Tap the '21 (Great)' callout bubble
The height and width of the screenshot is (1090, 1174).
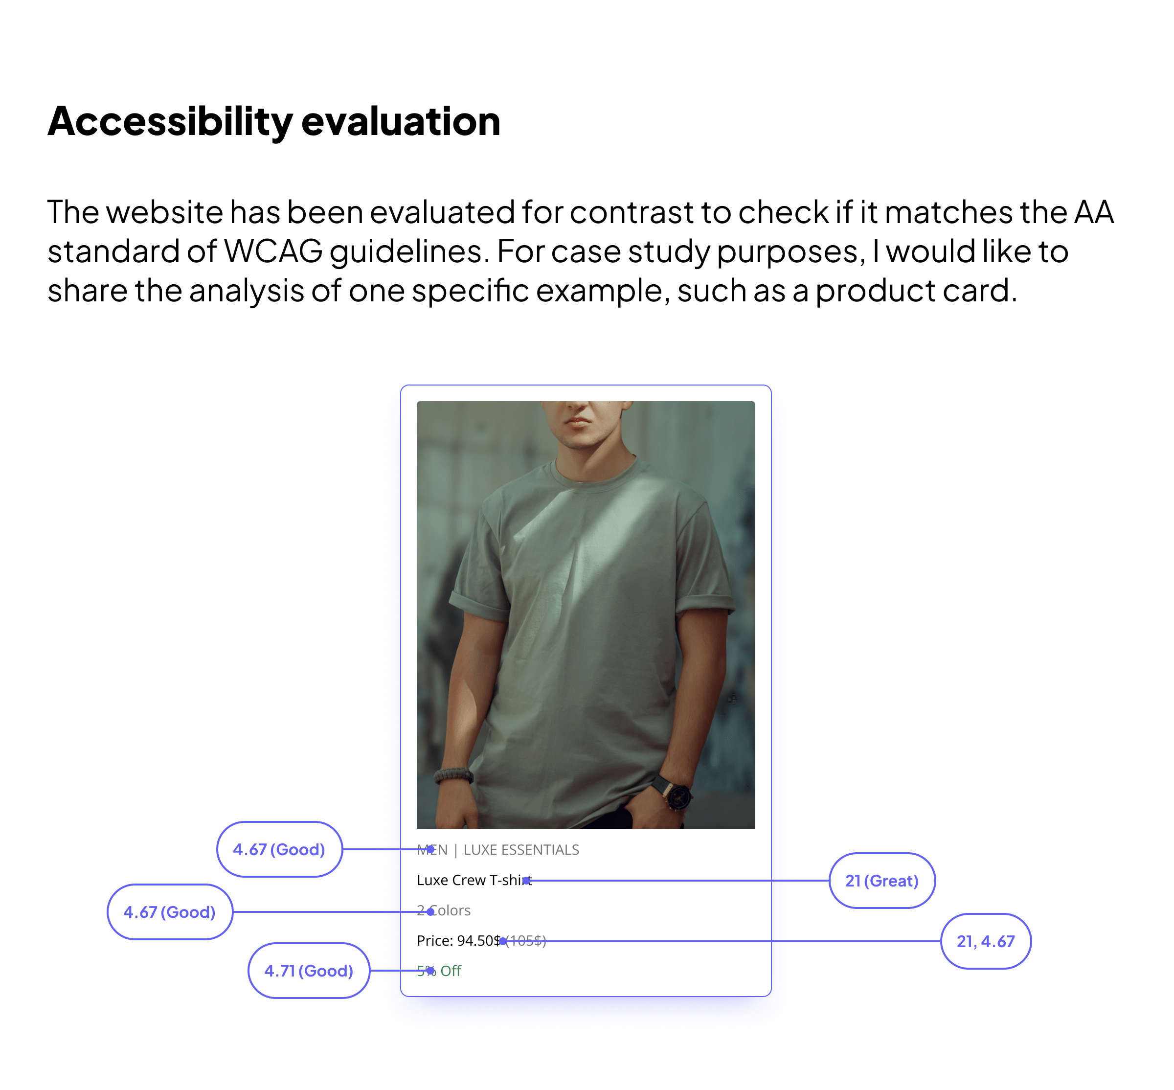(x=881, y=881)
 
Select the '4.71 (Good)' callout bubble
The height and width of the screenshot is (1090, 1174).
(x=308, y=971)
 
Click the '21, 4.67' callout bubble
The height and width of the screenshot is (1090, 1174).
(x=985, y=941)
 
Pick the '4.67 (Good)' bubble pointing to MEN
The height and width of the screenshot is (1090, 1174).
(x=279, y=849)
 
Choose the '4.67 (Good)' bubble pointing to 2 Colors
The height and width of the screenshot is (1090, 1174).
(x=169, y=912)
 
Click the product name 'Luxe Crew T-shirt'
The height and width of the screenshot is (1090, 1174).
(x=474, y=880)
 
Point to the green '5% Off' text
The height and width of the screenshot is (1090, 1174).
(x=439, y=971)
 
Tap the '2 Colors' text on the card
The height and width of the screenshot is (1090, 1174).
(x=443, y=910)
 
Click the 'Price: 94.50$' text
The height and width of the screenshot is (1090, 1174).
(x=458, y=941)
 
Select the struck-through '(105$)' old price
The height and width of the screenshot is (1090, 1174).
(x=525, y=941)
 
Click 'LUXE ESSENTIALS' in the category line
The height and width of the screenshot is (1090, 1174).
(x=521, y=850)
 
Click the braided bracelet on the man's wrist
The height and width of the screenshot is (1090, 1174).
(x=453, y=774)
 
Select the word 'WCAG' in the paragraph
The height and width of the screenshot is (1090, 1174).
(x=273, y=252)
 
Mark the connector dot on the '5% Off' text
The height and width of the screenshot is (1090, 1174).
(x=430, y=971)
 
